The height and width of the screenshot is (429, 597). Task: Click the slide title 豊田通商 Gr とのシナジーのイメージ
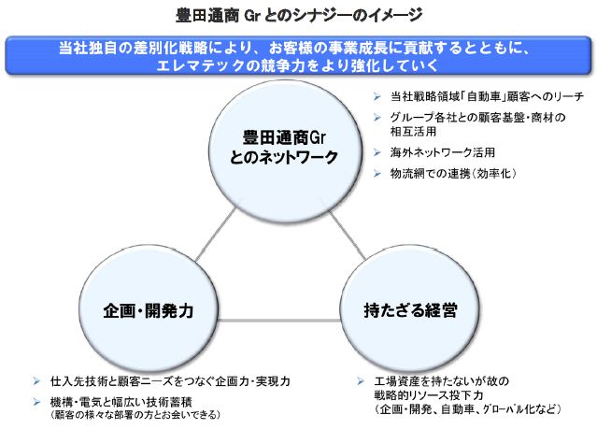[x=299, y=15]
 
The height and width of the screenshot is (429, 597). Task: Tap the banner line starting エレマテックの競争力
[x=298, y=67]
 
